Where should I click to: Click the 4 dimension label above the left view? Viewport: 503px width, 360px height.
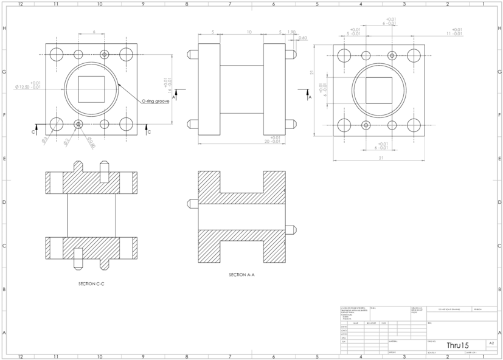point(94,31)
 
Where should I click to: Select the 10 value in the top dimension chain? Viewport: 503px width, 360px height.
point(249,31)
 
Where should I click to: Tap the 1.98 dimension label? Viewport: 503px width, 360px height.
point(291,32)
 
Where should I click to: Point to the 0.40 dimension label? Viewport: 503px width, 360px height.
point(303,38)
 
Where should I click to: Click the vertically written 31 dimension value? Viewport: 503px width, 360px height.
point(311,72)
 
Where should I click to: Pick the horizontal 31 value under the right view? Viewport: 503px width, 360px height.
point(381,158)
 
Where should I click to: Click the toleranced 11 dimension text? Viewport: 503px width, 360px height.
point(454,32)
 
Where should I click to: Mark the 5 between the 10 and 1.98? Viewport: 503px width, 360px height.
point(280,31)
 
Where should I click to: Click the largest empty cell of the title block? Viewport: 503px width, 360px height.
point(462,330)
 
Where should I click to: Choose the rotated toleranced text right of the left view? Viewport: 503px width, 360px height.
point(168,85)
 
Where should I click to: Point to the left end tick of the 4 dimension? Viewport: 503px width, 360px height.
point(79,35)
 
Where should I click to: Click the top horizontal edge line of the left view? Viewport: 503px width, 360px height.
point(146,55)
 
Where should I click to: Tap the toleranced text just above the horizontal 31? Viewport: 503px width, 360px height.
point(381,146)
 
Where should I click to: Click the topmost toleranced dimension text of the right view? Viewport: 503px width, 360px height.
point(390,21)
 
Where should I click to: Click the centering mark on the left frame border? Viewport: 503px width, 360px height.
point(6,181)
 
